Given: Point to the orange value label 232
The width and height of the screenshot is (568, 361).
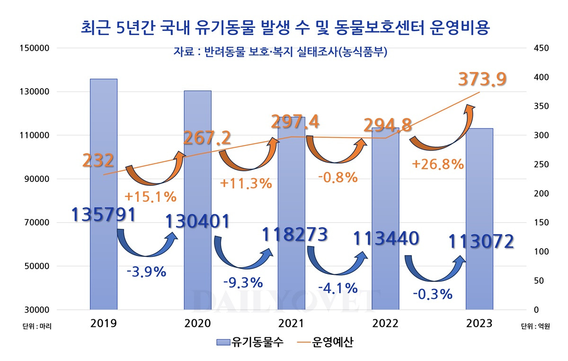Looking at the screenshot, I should tap(98, 161).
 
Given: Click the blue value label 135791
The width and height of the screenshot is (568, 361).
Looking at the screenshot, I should tap(104, 214).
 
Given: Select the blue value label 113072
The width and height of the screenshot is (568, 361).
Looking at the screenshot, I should tap(481, 241).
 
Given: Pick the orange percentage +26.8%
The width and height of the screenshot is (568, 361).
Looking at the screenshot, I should tap(437, 164).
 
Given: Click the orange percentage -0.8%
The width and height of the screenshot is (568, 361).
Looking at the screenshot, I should tap(337, 177).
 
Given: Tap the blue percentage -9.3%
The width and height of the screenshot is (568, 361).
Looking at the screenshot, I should tap(243, 282).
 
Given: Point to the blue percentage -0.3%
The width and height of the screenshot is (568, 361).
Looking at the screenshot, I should tap(433, 294).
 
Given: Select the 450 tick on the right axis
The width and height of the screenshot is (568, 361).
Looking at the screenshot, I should tap(541, 48).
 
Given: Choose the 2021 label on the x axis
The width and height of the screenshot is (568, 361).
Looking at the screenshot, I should tap(291, 324).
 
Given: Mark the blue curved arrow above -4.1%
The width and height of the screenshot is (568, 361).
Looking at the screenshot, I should tap(337, 261).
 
